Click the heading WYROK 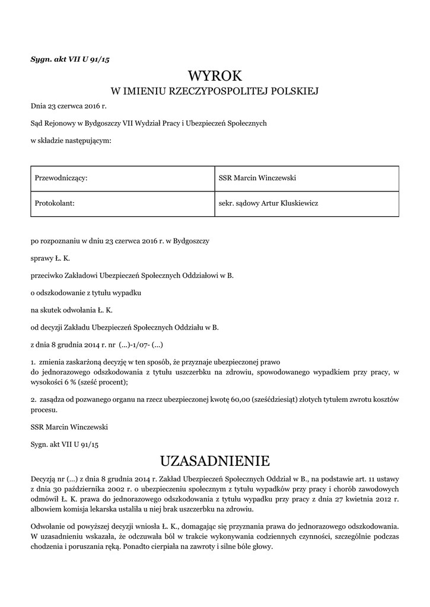click(215, 76)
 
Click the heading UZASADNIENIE click(215, 461)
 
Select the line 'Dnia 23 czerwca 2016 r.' click(68, 107)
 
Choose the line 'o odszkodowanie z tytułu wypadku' click(86, 293)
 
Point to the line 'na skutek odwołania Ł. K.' click(71, 309)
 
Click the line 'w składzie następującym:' click(71, 140)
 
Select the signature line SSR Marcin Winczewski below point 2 click(69, 427)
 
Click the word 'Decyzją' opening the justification click(43, 478)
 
